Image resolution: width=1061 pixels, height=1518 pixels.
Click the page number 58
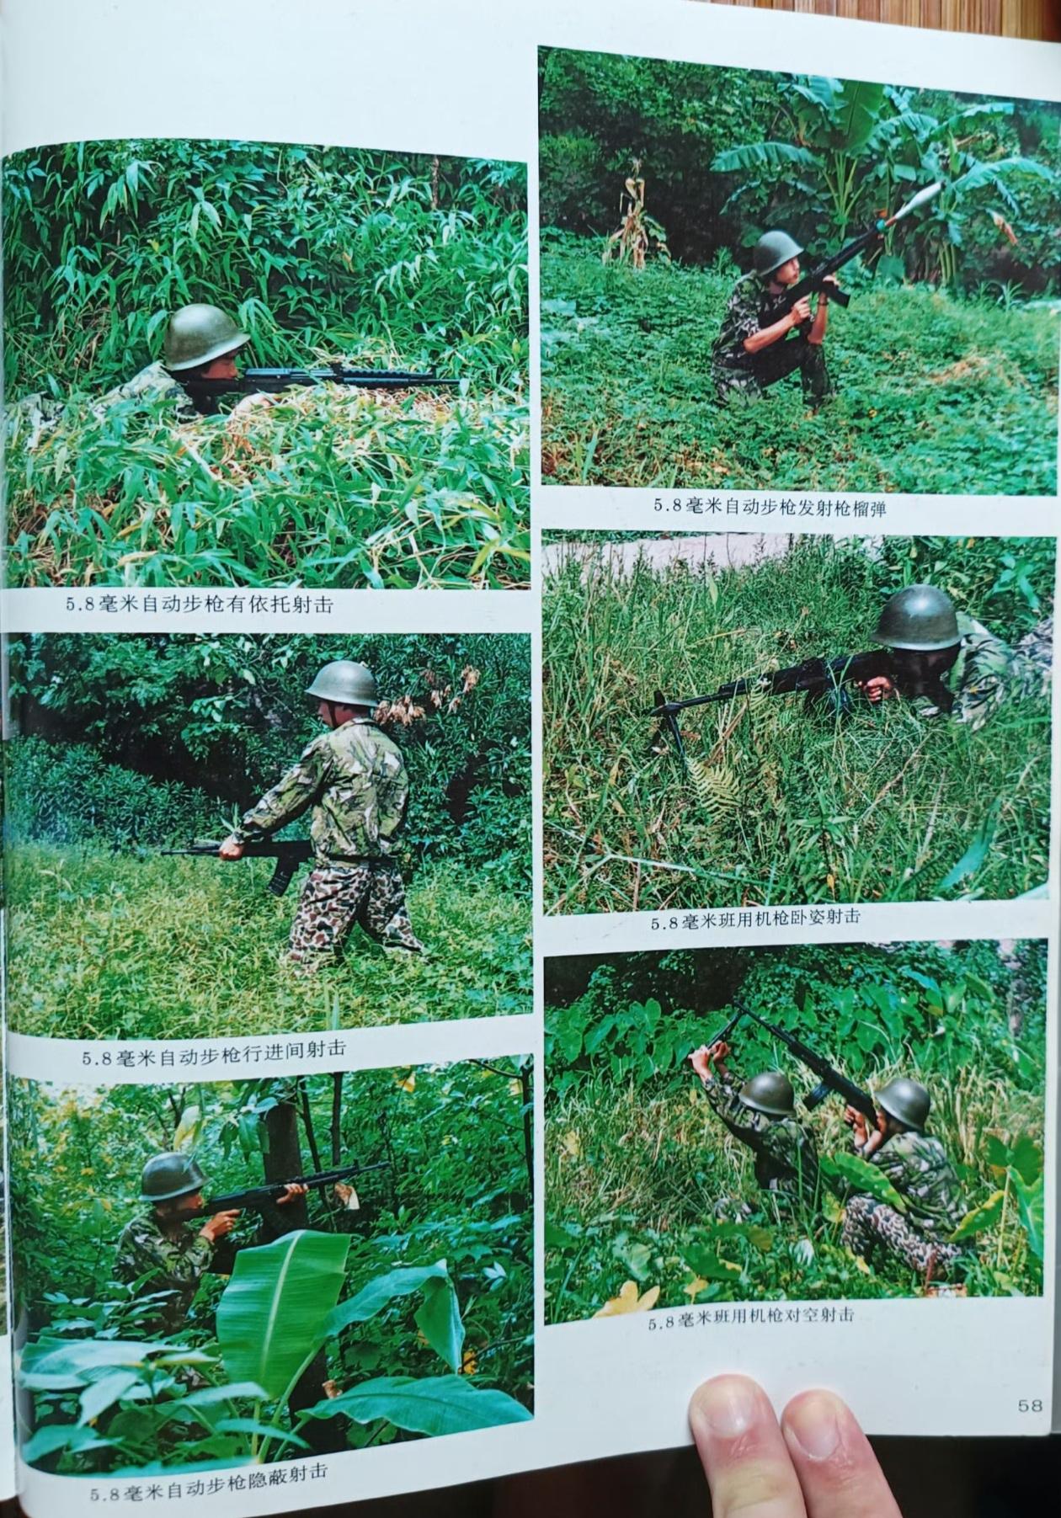tap(1030, 1405)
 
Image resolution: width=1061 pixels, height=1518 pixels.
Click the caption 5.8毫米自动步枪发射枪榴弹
tap(770, 507)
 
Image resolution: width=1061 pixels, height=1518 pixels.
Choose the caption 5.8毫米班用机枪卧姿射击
tap(754, 919)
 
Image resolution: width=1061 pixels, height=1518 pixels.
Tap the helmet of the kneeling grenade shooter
tap(778, 252)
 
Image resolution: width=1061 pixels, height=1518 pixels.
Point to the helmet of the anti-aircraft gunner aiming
tap(903, 1104)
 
